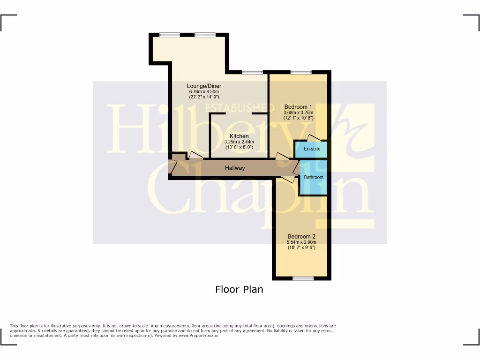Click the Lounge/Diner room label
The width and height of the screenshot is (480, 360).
coord(204,86)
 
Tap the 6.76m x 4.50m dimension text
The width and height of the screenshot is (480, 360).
coord(204,92)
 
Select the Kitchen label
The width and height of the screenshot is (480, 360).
coord(239,136)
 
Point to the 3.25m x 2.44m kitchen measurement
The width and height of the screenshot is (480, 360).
coord(239,142)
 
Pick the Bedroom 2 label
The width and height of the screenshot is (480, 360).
coord(301,236)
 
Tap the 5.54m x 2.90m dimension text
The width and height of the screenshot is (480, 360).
coord(301,242)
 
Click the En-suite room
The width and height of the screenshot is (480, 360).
coord(312,149)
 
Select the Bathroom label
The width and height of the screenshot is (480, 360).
coord(314,177)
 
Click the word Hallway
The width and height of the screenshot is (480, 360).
coord(234,168)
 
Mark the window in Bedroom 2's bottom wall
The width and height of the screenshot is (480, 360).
coord(303,278)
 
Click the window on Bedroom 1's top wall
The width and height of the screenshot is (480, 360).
coord(300,72)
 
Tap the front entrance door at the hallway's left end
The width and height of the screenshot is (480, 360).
coord(172,166)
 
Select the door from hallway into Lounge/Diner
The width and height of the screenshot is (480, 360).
coord(195,155)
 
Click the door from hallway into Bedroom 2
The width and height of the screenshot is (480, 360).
coord(288,179)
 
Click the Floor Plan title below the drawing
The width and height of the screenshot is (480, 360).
coord(239,289)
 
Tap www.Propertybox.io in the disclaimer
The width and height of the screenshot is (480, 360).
coord(196,336)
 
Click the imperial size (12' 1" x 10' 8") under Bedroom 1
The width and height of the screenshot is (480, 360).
coord(298,118)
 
